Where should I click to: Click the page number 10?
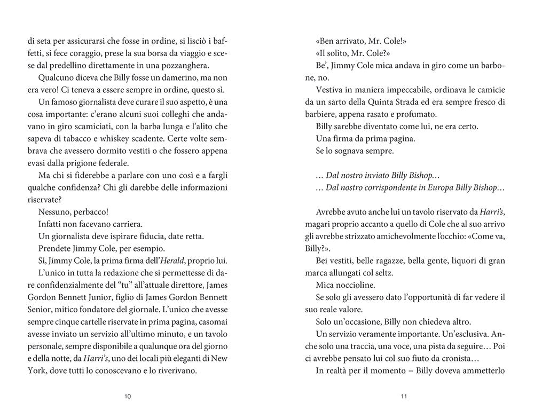point(127,396)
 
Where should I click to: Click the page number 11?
point(404,396)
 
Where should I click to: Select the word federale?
point(118,163)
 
